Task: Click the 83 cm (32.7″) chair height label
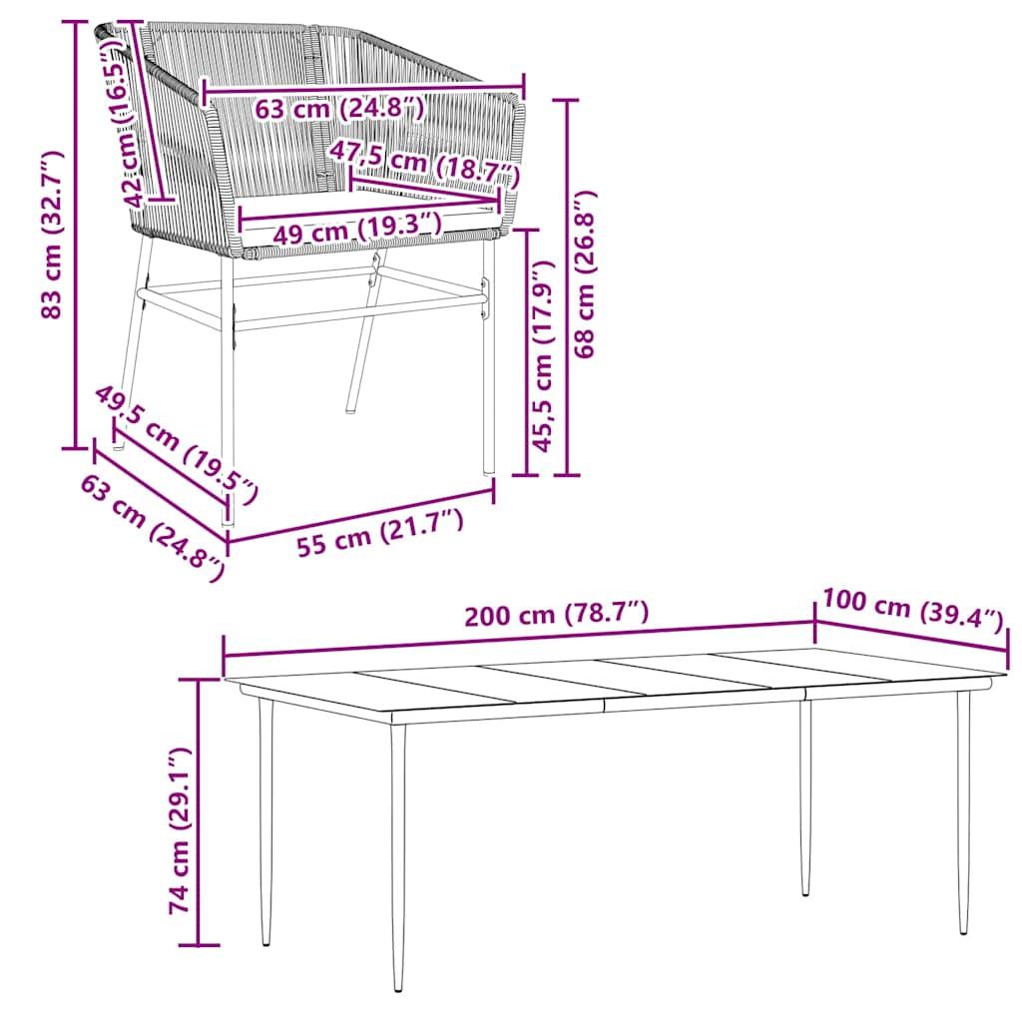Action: (52, 235)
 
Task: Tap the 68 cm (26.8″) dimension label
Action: (585, 274)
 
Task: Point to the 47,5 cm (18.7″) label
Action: (424, 163)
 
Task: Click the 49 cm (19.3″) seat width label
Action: (356, 230)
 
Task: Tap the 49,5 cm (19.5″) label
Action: (177, 443)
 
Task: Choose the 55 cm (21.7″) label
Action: (380, 533)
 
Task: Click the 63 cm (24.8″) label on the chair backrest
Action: (339, 108)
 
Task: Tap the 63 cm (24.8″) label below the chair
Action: (153, 528)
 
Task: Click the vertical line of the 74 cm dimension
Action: (199, 811)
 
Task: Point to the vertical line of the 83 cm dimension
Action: (76, 235)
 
